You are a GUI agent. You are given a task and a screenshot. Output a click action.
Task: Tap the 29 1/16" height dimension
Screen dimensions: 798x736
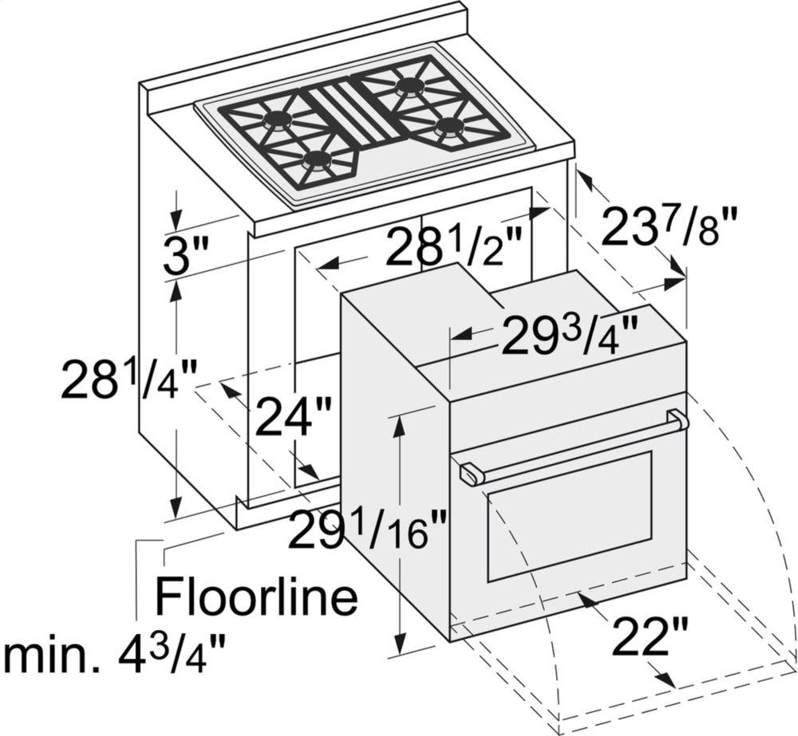(367, 530)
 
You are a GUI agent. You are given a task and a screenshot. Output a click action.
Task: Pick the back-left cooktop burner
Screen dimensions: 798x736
(276, 120)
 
